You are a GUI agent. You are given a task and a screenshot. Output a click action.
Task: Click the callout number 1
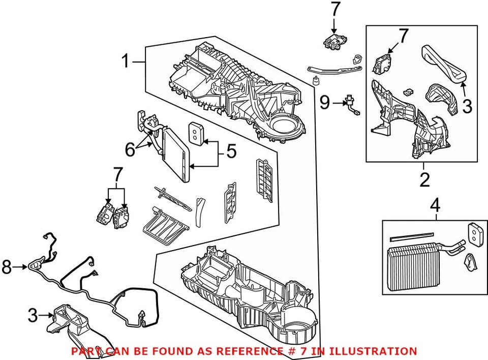click(x=126, y=62)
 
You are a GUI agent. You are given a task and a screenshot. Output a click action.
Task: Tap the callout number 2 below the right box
click(x=424, y=179)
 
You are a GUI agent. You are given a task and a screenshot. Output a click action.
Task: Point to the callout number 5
click(x=231, y=151)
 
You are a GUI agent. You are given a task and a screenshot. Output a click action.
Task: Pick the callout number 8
click(x=7, y=266)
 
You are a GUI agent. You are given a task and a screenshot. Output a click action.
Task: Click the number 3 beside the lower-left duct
click(x=33, y=316)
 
